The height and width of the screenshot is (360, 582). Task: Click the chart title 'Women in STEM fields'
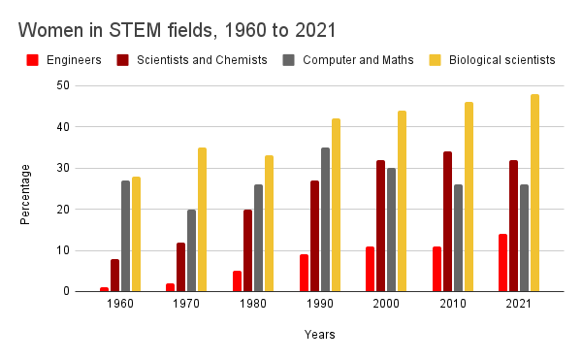coord(174,29)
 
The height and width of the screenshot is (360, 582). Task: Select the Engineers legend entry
coord(71,60)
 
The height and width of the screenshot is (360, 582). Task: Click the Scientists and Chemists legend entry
coord(202,60)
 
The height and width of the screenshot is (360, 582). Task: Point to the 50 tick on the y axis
coord(63,85)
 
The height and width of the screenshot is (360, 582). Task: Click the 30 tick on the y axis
coord(63,168)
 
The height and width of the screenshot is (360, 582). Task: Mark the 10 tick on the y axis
coord(63,250)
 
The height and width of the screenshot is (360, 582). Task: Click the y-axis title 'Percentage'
coord(26,194)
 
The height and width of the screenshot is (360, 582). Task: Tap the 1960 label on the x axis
coord(120,304)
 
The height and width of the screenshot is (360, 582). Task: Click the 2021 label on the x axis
coord(518,304)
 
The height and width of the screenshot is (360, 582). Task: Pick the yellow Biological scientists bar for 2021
coord(534,193)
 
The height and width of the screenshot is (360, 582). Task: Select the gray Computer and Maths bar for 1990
coord(325,219)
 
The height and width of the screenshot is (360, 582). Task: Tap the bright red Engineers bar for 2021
coord(502,263)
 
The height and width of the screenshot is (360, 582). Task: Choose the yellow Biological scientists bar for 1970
coord(203,219)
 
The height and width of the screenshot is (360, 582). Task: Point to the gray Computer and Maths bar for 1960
coord(126,236)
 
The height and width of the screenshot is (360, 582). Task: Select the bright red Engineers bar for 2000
coord(371,269)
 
